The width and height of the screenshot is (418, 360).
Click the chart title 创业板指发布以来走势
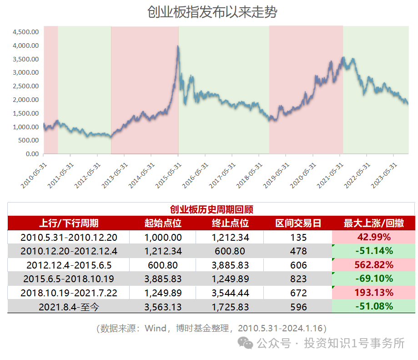(212, 12)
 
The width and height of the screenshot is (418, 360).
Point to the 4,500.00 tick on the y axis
(26, 32)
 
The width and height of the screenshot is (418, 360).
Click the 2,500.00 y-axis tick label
(26, 86)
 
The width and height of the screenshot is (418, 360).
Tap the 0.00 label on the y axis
(31, 154)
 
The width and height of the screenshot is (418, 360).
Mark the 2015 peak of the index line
(177, 46)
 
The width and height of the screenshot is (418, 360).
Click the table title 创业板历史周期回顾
(211, 209)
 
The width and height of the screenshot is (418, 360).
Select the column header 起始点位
(163, 223)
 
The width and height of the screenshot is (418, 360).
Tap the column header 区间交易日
(298, 223)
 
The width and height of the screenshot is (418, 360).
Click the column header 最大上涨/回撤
(373, 223)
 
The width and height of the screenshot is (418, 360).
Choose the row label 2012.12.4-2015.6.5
(69, 265)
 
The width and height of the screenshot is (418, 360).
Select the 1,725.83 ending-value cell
(230, 307)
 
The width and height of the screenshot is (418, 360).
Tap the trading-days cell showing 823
(298, 279)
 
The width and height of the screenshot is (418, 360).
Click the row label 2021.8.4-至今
(69, 307)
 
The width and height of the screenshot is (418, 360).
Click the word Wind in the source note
(156, 328)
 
